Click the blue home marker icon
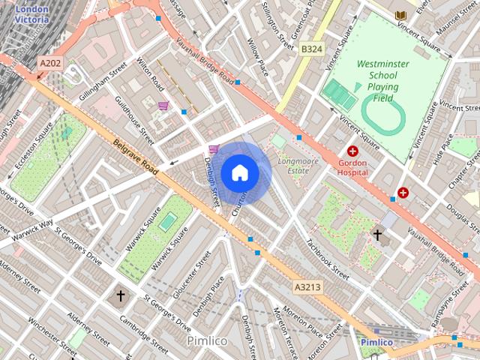[x=240, y=172]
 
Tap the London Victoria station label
[x=31, y=13]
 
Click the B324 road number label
[x=311, y=49]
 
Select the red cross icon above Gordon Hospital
[x=352, y=151]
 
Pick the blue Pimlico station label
[x=376, y=342]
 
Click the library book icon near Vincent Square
[x=400, y=15]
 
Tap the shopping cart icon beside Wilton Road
[x=163, y=106]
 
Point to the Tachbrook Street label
[x=327, y=259]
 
